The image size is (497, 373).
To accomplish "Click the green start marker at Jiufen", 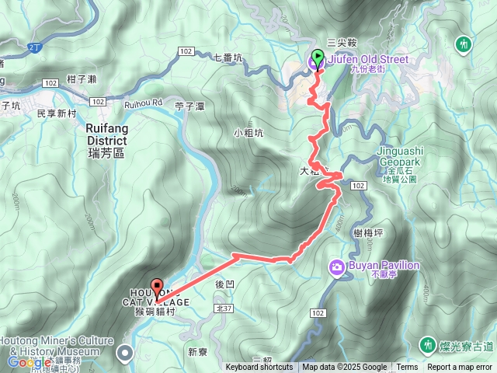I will click(318, 58).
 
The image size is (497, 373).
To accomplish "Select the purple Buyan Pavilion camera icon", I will click(337, 267).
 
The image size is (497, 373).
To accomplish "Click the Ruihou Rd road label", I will click(144, 101).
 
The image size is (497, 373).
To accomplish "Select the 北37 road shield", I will click(224, 308).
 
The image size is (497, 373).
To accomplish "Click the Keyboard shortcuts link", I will click(259, 368).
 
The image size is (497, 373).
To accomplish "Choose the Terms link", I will click(407, 368).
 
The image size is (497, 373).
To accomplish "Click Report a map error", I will click(461, 368).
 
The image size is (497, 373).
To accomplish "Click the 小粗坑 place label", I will click(249, 132).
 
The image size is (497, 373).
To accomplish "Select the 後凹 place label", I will click(224, 284).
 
